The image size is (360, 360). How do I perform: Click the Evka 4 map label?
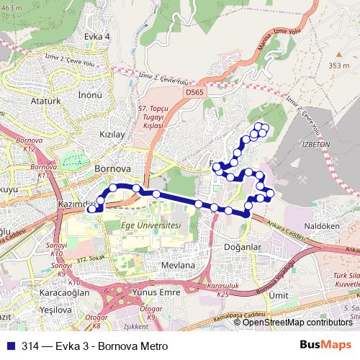pos(96,36)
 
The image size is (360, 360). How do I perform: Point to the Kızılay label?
pos(112,135)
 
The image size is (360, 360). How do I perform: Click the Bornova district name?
pos(112,168)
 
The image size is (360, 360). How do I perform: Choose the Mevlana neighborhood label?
pos(179,265)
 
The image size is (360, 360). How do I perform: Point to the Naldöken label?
pos(322,225)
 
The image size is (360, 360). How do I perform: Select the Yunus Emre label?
pos(157,292)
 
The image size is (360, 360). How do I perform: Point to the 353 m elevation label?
pos(338,66)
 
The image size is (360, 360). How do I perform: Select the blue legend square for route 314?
pos(11,346)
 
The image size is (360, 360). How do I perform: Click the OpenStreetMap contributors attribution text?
pos(297,323)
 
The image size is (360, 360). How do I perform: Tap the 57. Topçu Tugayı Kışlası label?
pos(153,115)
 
